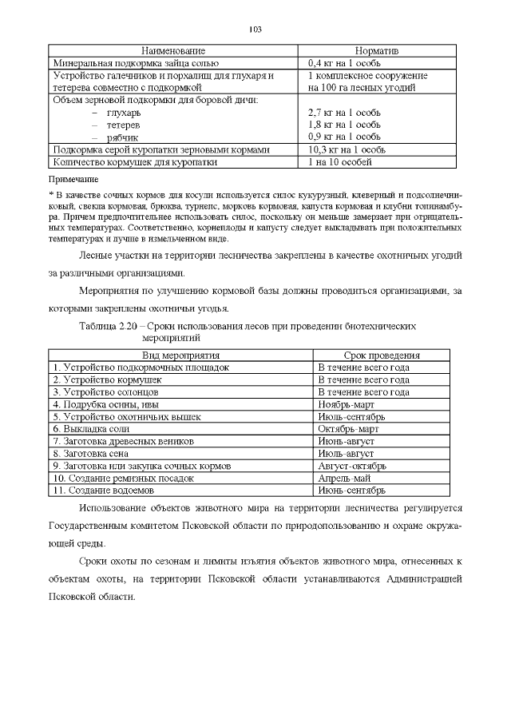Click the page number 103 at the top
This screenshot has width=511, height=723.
pyautogui.click(x=255, y=30)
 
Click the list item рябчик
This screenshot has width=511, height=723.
pyautogui.click(x=121, y=137)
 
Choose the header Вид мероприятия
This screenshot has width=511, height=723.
pyautogui.click(x=180, y=355)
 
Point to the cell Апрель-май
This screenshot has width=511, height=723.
pyautogui.click(x=343, y=478)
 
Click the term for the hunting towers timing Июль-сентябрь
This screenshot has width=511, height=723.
pyautogui.click(x=351, y=417)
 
